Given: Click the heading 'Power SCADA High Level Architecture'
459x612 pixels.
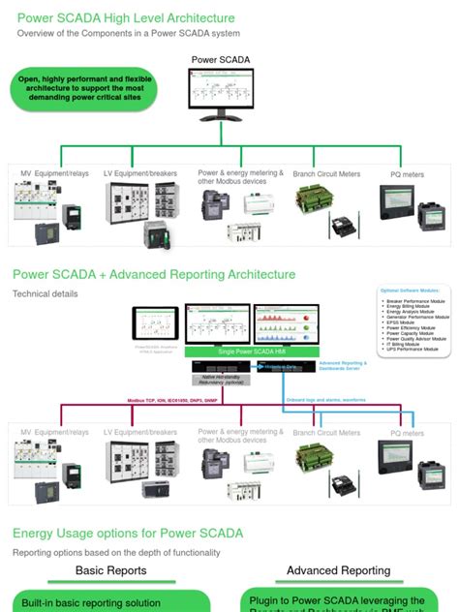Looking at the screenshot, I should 123,18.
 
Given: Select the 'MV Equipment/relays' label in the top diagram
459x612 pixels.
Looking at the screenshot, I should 55,174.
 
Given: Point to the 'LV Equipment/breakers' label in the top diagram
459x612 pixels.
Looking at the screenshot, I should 140,174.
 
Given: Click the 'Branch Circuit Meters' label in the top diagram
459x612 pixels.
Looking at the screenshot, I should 326,174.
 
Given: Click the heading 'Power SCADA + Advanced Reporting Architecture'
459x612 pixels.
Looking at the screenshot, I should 153,275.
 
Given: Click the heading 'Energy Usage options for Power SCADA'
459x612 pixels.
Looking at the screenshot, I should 127,534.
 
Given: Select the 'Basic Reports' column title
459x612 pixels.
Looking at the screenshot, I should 110,570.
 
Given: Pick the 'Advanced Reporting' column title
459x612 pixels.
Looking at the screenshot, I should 338,570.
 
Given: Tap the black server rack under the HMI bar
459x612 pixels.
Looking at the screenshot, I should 223,369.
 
